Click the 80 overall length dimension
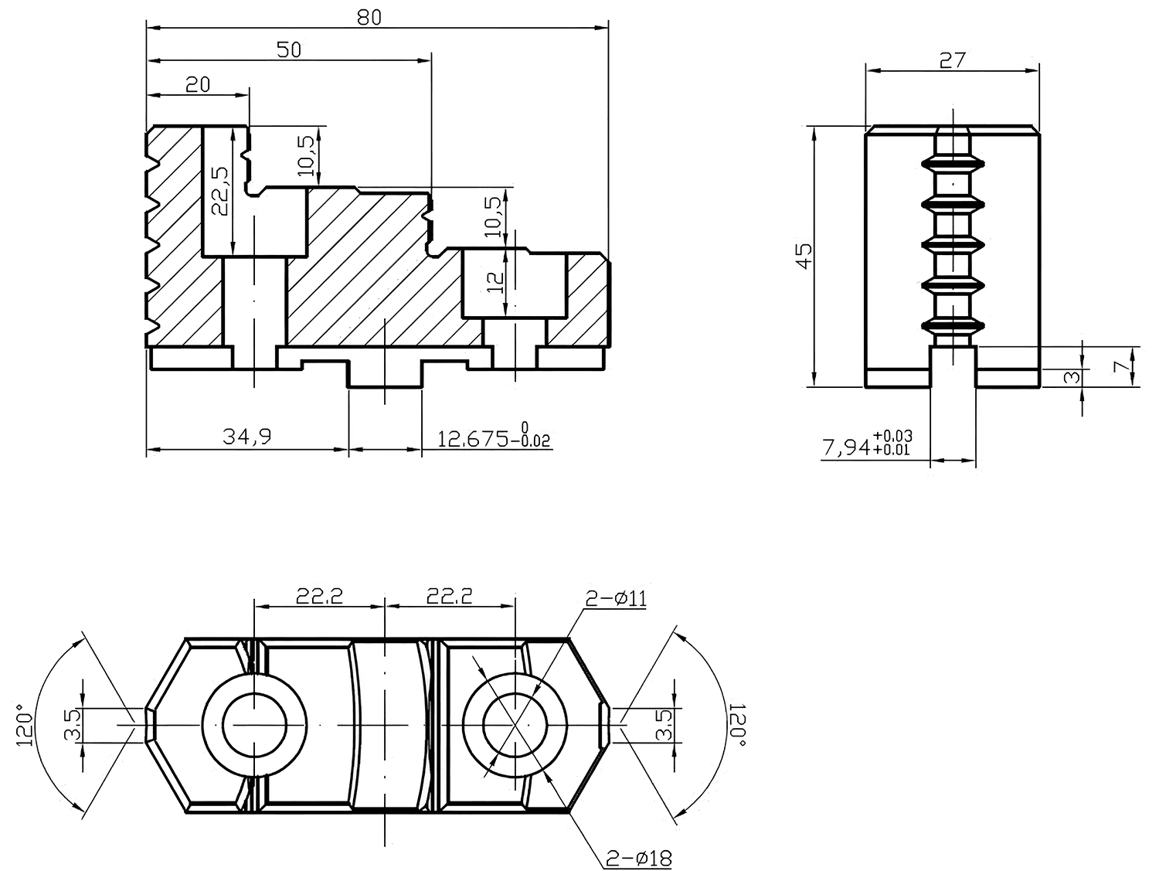click(x=369, y=17)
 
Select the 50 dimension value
click(x=288, y=50)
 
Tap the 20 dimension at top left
click(x=198, y=84)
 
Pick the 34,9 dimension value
click(x=247, y=437)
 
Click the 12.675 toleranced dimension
click(x=495, y=437)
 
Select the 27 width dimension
click(x=952, y=60)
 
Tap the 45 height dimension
click(x=804, y=256)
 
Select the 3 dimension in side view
click(x=1071, y=377)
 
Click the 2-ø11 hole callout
click(x=617, y=598)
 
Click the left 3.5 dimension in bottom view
click(x=73, y=724)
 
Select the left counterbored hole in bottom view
click(x=254, y=725)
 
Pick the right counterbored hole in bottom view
click(x=515, y=725)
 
